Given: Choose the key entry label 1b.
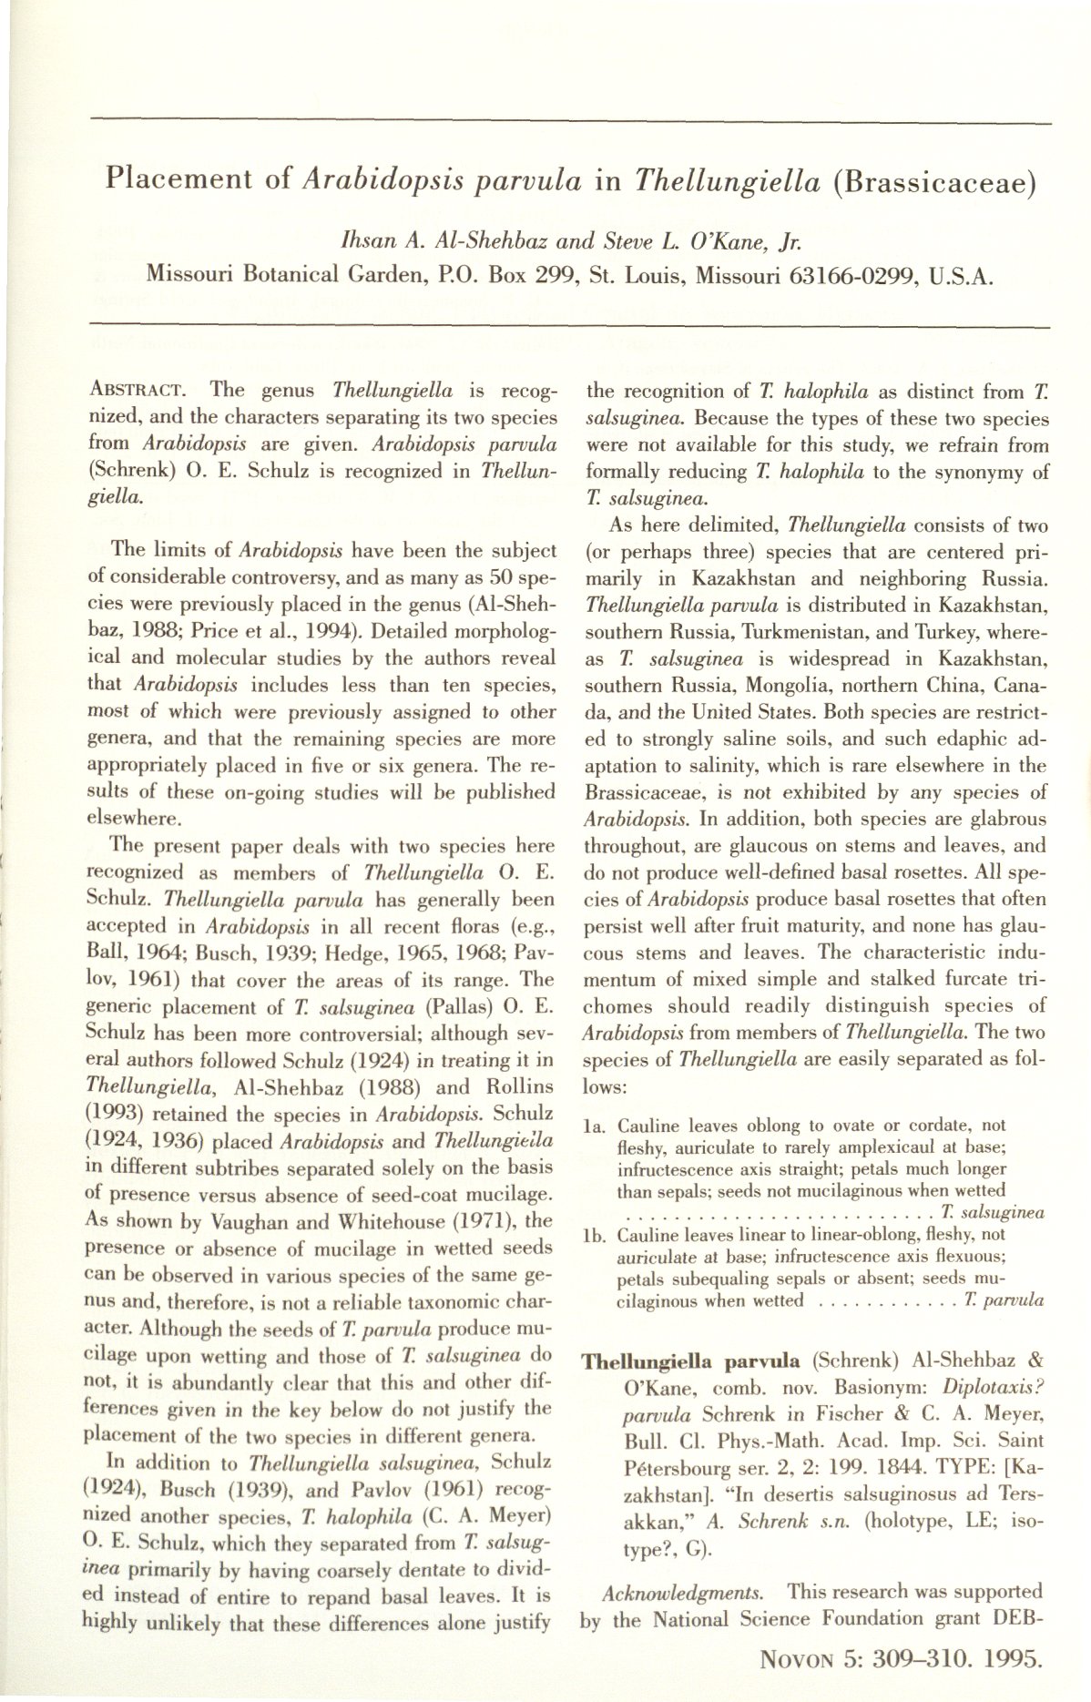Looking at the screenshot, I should [596, 1236].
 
